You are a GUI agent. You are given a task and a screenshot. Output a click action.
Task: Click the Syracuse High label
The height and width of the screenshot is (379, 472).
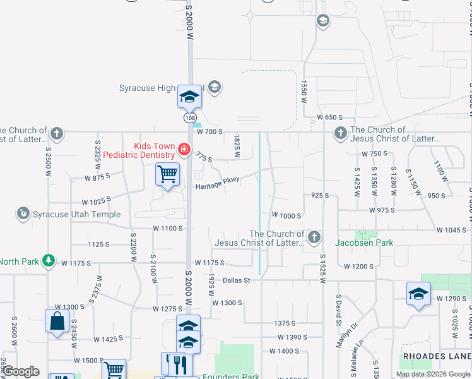[x=147, y=88]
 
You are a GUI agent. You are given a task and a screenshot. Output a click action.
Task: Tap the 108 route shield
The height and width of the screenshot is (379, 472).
[x=190, y=118]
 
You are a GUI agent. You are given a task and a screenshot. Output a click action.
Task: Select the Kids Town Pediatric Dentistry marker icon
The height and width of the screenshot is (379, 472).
[x=184, y=150]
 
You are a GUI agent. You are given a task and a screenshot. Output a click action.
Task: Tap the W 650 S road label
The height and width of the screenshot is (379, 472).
[x=329, y=117]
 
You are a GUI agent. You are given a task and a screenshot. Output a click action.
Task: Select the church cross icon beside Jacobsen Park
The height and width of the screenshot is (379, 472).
[x=314, y=238]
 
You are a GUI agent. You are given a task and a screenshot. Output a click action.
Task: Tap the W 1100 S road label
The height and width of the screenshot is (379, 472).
[x=168, y=228]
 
